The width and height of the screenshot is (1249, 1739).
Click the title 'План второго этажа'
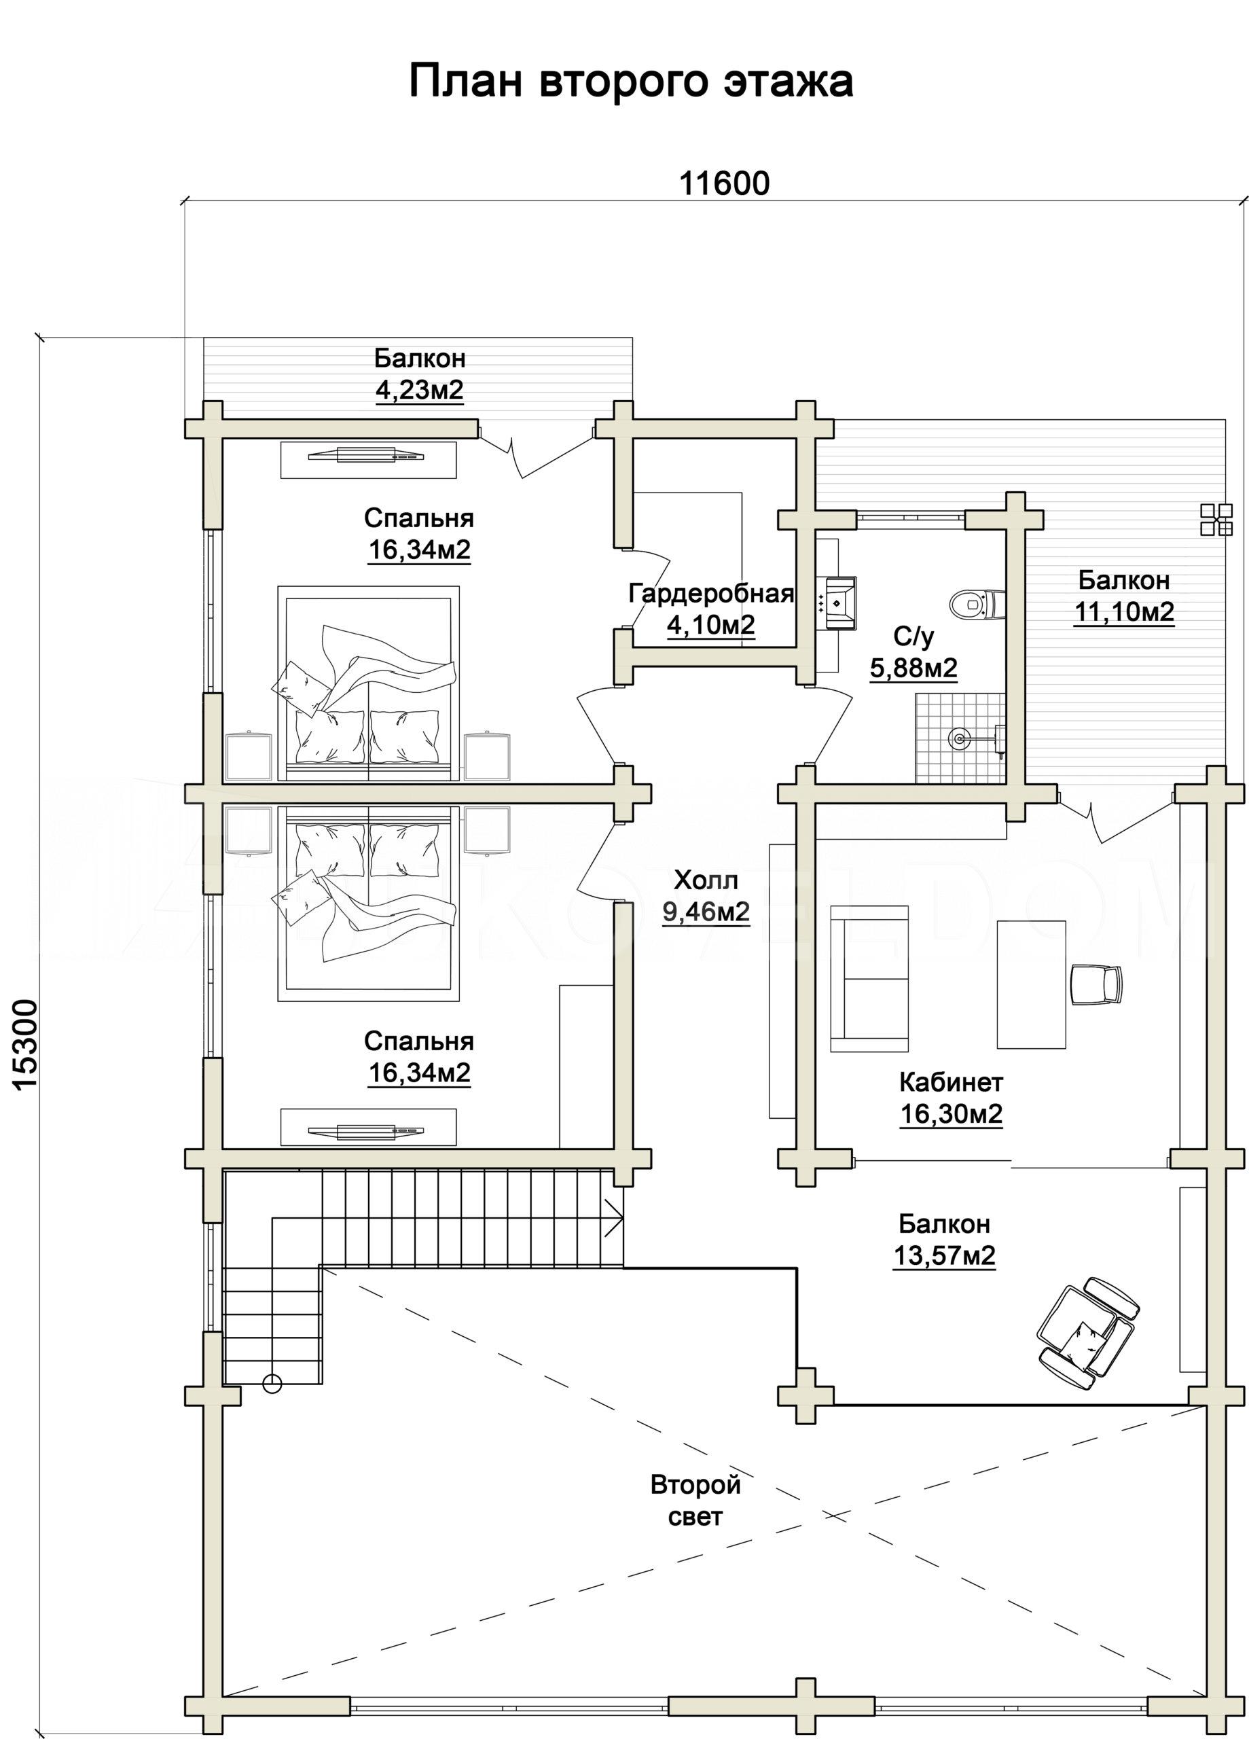pos(631,82)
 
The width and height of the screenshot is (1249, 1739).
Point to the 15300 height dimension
pos(26,1043)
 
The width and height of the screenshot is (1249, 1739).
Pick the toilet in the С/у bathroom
pos(976,603)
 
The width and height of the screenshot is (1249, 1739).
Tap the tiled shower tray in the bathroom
pos(959,738)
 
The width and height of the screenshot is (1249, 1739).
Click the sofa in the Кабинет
pos(869,979)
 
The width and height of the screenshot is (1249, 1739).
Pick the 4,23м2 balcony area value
pos(420,391)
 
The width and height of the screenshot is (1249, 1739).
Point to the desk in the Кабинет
pos(1031,984)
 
